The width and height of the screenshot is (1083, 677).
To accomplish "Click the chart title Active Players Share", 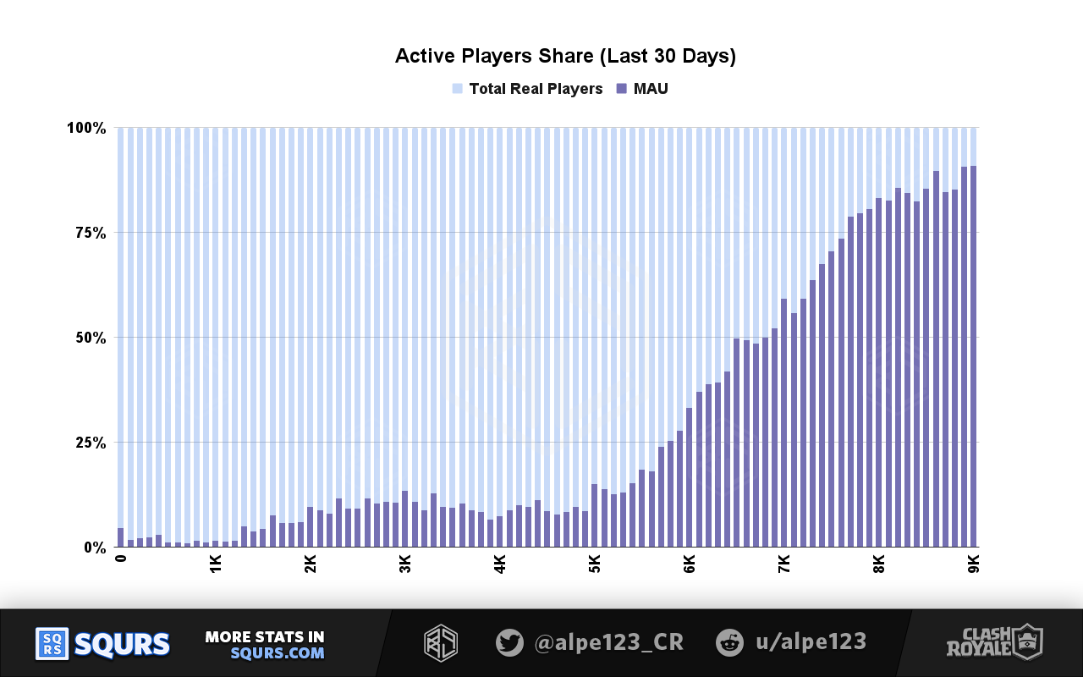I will click(x=565, y=57).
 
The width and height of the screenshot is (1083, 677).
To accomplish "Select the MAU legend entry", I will click(x=650, y=89).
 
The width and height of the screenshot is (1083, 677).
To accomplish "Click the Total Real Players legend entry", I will click(x=535, y=89).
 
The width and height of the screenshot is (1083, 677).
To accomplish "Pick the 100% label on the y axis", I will click(x=85, y=128).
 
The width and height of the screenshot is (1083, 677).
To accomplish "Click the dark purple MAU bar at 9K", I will click(x=974, y=355).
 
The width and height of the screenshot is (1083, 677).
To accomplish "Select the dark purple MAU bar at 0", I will click(x=121, y=538).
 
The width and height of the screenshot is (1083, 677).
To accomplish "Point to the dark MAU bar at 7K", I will click(x=784, y=423).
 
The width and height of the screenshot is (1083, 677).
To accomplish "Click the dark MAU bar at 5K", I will click(x=595, y=516).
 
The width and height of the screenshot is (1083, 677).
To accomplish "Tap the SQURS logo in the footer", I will click(x=102, y=644).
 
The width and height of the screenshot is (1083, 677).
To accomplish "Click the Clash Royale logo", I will click(x=994, y=642).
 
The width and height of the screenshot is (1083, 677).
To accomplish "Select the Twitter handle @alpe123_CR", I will click(x=608, y=642).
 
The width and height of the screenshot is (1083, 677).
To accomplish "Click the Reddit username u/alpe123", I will click(x=810, y=642).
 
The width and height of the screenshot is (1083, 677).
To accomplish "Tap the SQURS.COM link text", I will click(x=277, y=653).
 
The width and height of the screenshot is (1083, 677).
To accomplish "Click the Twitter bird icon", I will click(x=509, y=642).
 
